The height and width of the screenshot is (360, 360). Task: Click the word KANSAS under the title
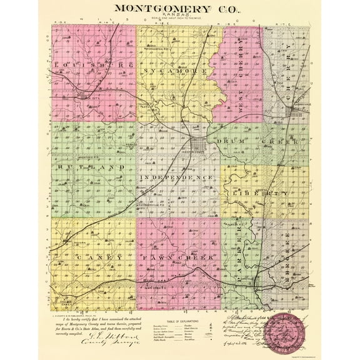181,19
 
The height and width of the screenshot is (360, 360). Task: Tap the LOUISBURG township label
94,65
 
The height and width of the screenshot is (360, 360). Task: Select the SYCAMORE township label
179,72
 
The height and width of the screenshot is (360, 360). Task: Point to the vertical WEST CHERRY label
242,95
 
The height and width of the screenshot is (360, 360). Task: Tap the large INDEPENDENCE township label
179,177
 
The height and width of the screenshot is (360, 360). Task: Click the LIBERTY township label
266,194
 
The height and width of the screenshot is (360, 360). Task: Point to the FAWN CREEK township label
179,257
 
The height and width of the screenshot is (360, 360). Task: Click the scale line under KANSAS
181,24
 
